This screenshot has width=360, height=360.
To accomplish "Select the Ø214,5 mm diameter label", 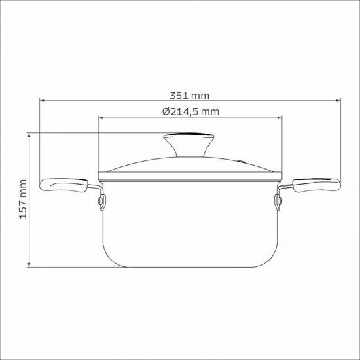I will click(x=190, y=111).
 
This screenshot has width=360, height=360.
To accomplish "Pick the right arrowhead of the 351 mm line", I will click(x=339, y=101).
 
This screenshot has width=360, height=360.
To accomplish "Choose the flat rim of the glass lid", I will click(x=190, y=175).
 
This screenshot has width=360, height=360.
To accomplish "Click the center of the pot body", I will click(x=190, y=223).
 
